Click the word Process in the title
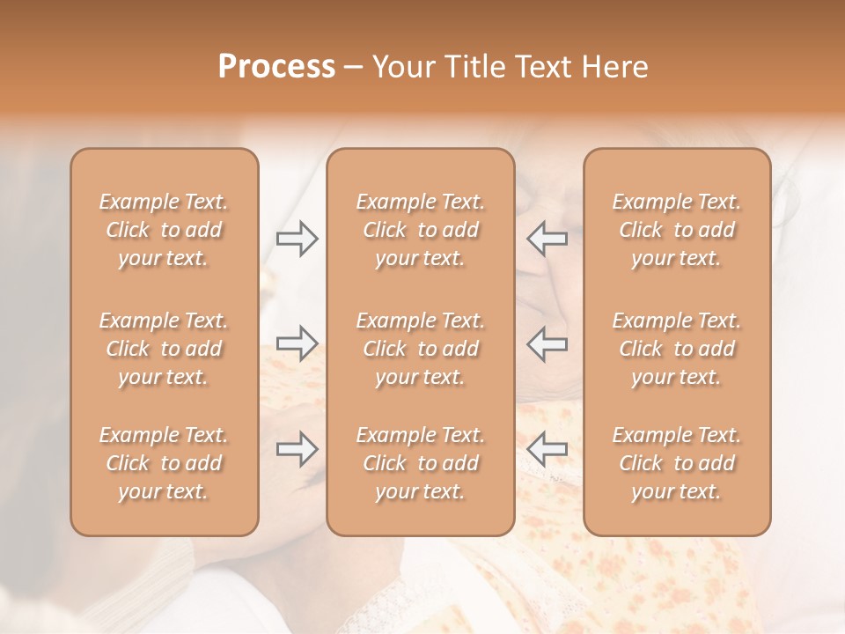(x=276, y=67)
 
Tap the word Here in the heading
(x=614, y=67)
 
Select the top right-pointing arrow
(x=298, y=239)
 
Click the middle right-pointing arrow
(x=298, y=343)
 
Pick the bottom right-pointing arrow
(x=298, y=449)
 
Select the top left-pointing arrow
(x=547, y=239)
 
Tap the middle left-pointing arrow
(x=547, y=343)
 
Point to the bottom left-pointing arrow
(x=547, y=449)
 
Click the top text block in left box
(x=164, y=230)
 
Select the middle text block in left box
(x=164, y=349)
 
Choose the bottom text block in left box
(x=164, y=463)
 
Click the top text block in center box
(x=420, y=230)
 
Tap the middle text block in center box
(x=420, y=349)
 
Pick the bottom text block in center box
(x=420, y=463)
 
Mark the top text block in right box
(x=677, y=230)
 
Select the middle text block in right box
(x=677, y=349)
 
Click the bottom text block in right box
(x=677, y=463)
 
